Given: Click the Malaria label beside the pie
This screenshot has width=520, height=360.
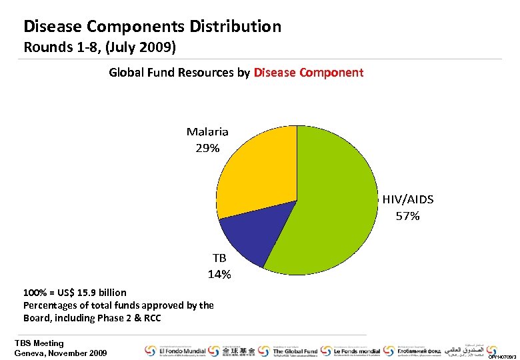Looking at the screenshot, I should (x=207, y=132).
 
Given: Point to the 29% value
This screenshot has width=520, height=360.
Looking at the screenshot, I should (x=207, y=148).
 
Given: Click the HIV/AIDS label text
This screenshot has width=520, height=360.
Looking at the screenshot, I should (x=407, y=199).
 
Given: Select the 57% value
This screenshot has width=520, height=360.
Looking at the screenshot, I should (x=407, y=216).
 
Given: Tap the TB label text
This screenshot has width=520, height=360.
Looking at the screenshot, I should (x=219, y=258).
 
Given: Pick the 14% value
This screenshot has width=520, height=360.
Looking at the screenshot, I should (x=219, y=274).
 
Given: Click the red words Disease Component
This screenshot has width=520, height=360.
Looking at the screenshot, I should (x=309, y=73).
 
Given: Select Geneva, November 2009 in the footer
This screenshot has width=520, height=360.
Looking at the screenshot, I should (x=60, y=353).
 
